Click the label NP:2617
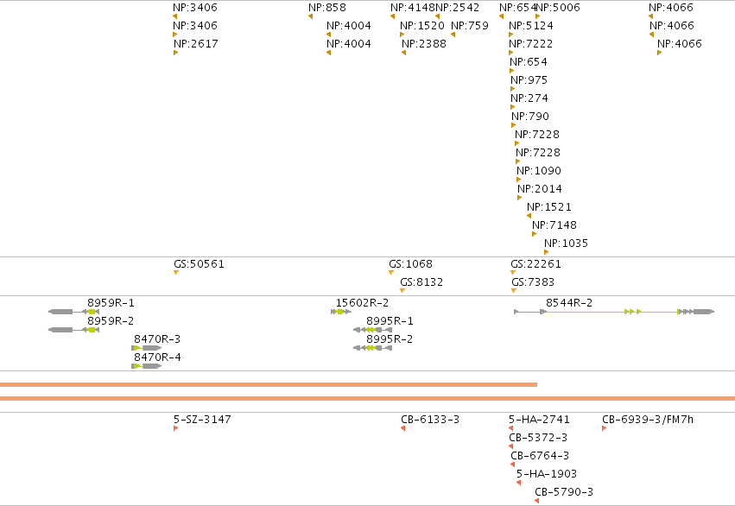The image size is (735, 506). (x=196, y=44)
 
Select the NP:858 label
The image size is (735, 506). (x=327, y=8)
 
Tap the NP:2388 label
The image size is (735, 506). (x=424, y=44)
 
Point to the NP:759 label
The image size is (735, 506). (x=470, y=26)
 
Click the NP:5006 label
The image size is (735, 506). (x=558, y=8)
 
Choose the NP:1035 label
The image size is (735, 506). (x=567, y=244)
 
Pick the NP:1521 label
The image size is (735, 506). (x=549, y=207)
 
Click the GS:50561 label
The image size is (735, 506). (x=200, y=264)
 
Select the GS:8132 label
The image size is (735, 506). (x=421, y=282)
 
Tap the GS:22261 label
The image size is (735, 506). (x=535, y=264)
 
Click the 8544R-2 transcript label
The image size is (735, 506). (x=569, y=303)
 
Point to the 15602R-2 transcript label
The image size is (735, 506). (x=363, y=303)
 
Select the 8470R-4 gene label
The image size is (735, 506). (x=157, y=357)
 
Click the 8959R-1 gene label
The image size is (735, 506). (x=111, y=303)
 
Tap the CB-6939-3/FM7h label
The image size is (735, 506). (x=648, y=420)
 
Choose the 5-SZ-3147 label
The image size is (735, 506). (x=202, y=420)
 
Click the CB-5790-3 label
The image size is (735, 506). (x=564, y=492)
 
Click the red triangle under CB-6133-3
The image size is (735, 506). (x=403, y=428)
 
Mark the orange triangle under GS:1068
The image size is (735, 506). (x=391, y=273)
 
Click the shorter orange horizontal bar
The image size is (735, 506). (x=269, y=384)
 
